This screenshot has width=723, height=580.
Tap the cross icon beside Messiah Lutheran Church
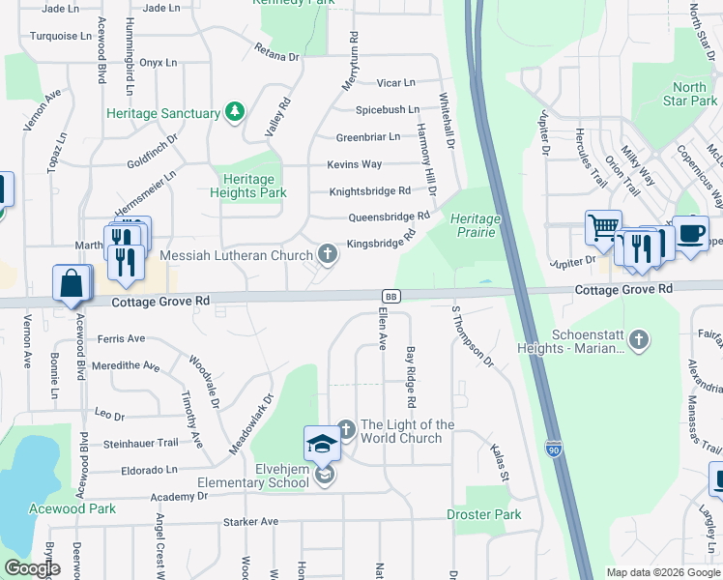tap(328, 255)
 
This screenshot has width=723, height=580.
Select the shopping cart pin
tap(603, 229)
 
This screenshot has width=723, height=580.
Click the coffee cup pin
tap(690, 234)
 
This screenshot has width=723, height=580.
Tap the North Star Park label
tap(690, 94)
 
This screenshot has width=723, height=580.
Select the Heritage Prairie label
tap(476, 225)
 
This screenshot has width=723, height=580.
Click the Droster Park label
tap(483, 514)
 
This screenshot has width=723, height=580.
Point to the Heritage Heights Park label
tap(248, 186)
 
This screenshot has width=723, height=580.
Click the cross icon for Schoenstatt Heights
tap(638, 340)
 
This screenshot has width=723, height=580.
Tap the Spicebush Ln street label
tap(387, 110)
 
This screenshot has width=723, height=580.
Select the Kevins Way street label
tap(354, 164)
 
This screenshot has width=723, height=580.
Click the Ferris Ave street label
tap(121, 338)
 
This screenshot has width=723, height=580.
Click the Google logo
tap(32, 568)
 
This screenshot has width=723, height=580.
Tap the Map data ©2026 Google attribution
tap(663, 572)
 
